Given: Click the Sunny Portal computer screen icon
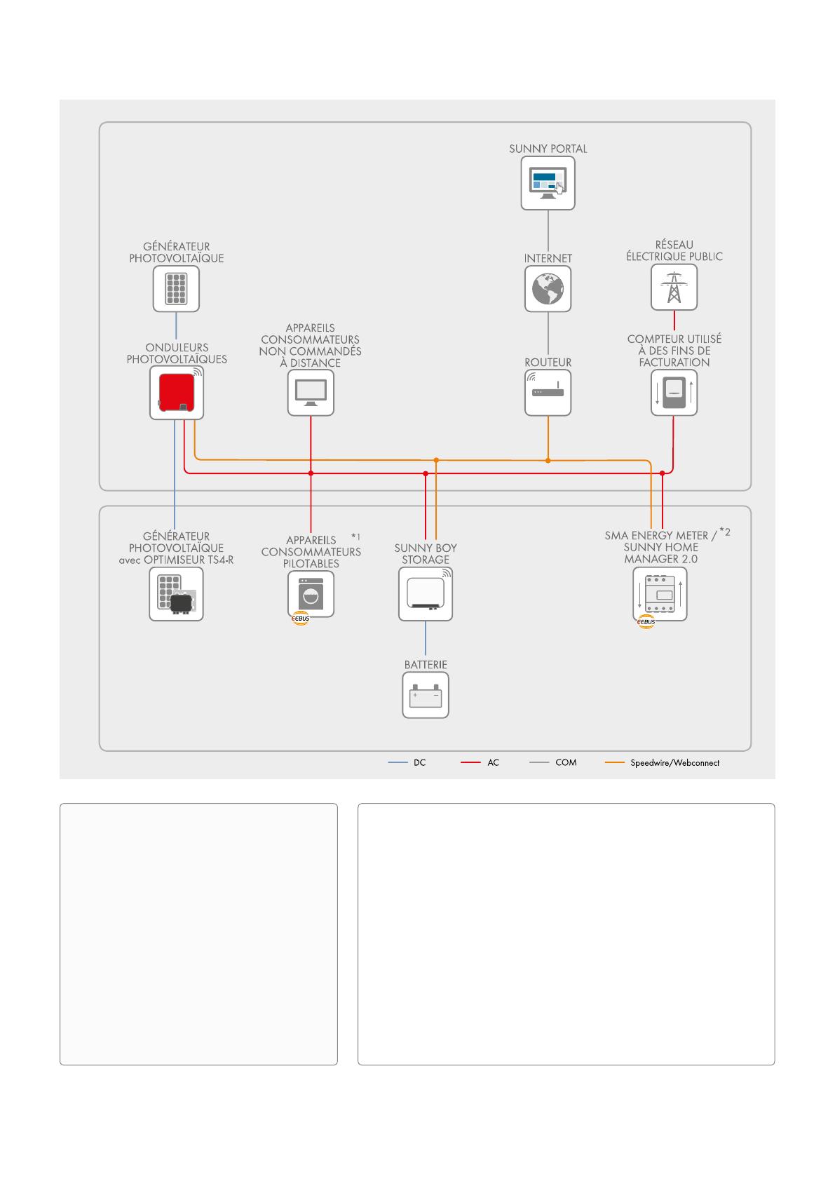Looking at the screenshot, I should [548, 183].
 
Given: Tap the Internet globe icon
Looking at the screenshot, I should [548, 288].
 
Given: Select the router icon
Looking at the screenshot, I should [548, 393].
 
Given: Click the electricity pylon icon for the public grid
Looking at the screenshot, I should [674, 287].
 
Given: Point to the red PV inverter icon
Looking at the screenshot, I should [177, 393].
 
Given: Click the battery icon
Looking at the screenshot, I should [426, 696].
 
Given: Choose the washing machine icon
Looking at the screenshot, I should [311, 593].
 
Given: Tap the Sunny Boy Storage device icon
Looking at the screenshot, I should [426, 593].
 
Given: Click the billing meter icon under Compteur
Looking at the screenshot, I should [674, 393].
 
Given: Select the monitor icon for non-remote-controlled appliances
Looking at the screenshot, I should [311, 393].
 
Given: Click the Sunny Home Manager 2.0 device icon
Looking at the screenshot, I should [660, 594].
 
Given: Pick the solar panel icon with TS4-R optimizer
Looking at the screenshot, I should [176, 594].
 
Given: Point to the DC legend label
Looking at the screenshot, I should [419, 762].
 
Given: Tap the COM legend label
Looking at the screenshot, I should [566, 762].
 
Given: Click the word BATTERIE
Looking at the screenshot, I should [426, 664].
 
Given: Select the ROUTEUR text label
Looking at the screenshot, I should [548, 363].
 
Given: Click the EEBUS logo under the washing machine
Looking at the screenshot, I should [300, 619].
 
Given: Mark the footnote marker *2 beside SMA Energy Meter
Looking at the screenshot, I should [725, 532].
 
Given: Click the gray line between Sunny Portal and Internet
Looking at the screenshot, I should [548, 231].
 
